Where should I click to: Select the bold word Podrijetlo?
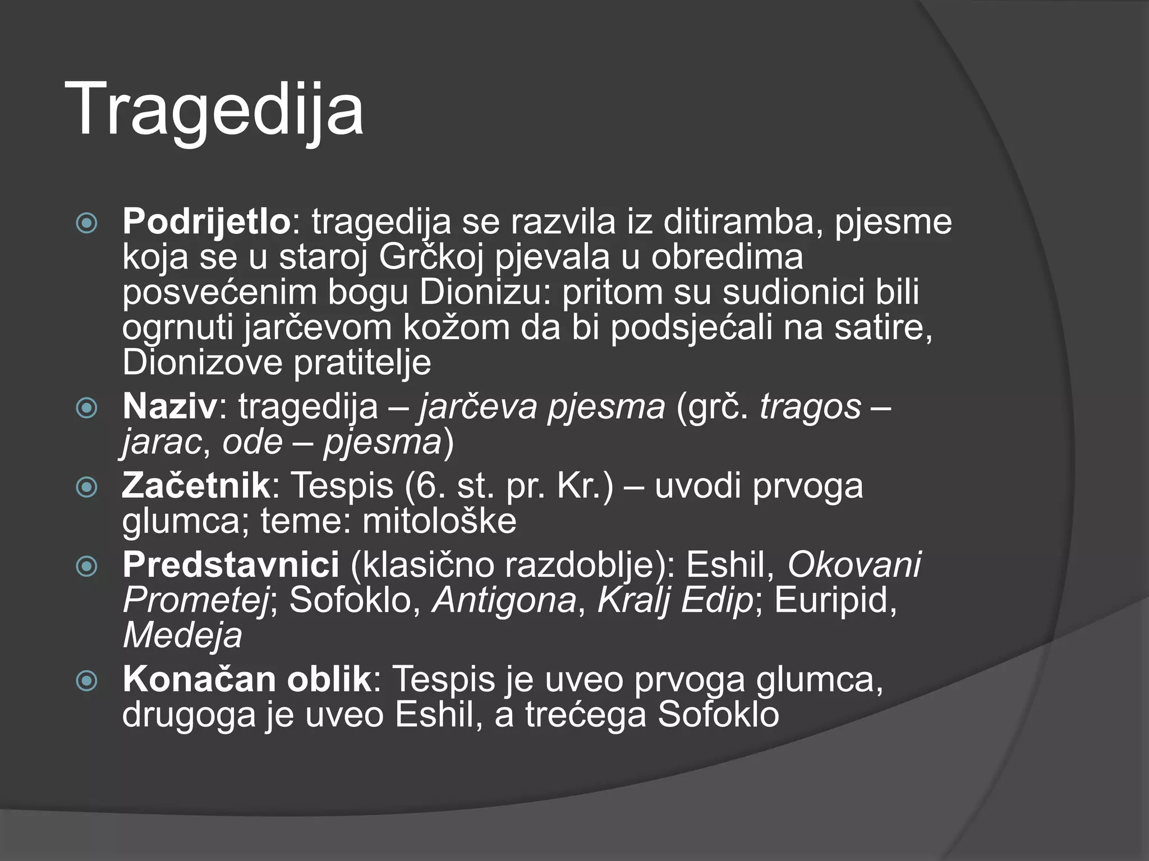click(x=206, y=221)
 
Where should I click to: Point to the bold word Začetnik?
click(x=196, y=485)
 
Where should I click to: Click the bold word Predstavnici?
click(x=231, y=564)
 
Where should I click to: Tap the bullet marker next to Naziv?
click(x=87, y=409)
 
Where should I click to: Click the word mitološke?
click(x=439, y=521)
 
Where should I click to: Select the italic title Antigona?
click(x=504, y=600)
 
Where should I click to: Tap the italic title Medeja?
click(x=182, y=636)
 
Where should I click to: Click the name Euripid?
click(x=835, y=600)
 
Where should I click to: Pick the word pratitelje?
click(x=362, y=363)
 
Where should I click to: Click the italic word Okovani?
click(x=854, y=564)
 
